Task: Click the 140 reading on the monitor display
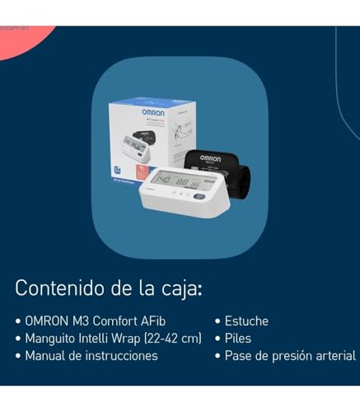[x=164, y=180]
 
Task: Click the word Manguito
[x=52, y=339]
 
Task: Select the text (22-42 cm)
[x=173, y=339]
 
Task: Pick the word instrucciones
[x=121, y=356]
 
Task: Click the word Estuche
[x=247, y=321]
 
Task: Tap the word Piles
[x=239, y=339]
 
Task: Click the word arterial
[x=335, y=356]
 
